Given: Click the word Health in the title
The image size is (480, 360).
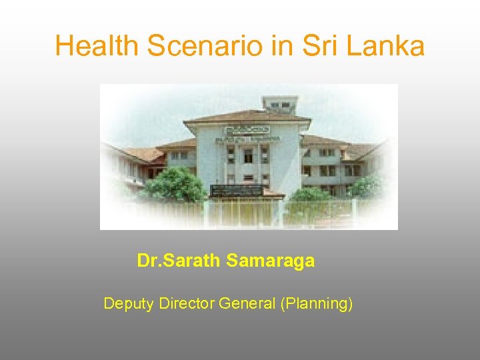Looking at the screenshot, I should pos(97,46).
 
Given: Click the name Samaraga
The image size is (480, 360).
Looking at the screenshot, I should pos(270,261).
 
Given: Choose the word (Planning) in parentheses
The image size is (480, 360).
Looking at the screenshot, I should pos(317,304).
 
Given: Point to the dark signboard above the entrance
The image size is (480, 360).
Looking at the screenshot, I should pos(237,190).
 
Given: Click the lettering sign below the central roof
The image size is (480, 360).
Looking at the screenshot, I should pos(247,130).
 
